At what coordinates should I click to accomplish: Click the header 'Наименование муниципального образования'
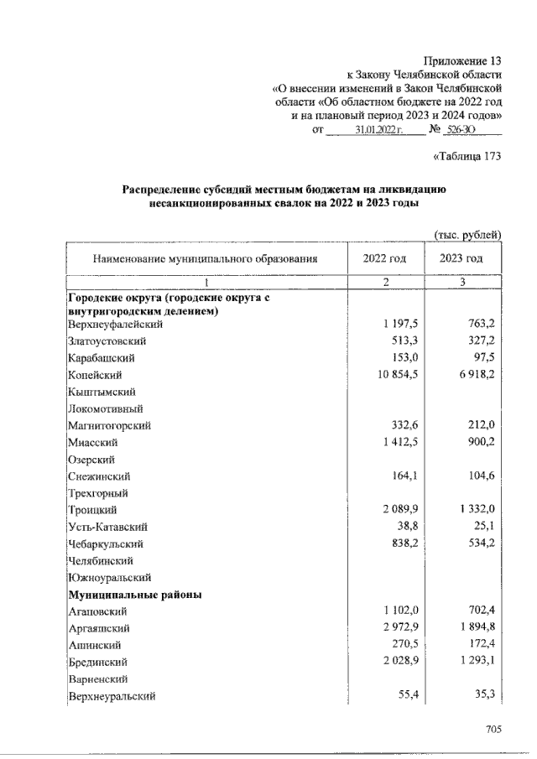point(206,259)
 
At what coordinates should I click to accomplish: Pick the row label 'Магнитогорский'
point(109,425)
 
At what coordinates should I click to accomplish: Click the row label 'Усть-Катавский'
point(108,527)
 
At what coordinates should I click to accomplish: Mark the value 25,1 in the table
point(482,527)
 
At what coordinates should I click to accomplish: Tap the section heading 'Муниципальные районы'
point(135,594)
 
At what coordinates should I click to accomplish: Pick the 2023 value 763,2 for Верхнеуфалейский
point(478,324)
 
